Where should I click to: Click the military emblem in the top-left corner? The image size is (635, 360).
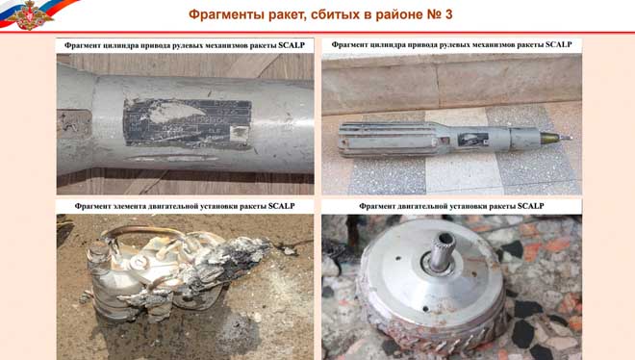click(29, 15)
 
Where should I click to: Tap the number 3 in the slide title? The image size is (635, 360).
click(448, 14)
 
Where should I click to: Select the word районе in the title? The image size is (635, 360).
click(399, 14)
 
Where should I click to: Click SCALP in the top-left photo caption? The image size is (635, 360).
click(292, 45)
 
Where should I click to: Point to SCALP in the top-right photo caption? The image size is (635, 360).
click(558, 44)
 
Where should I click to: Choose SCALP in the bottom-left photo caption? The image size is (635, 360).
click(282, 206)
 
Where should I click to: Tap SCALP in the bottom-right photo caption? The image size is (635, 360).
click(530, 206)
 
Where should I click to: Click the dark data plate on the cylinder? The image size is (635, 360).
click(187, 122)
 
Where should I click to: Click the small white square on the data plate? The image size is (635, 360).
click(239, 134)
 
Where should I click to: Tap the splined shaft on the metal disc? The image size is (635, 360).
click(442, 251)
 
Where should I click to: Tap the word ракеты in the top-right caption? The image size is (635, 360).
click(530, 44)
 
